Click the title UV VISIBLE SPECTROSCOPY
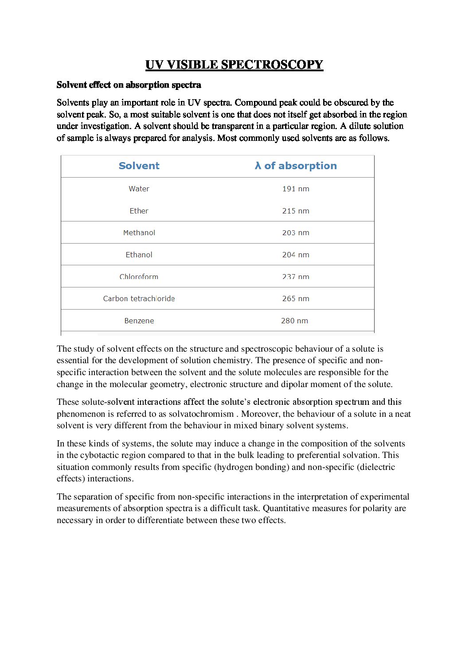tap(234, 65)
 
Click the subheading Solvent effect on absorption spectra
tap(129, 85)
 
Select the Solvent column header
tap(139, 166)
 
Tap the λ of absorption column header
tap(296, 166)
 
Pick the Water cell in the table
tap(139, 189)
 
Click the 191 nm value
tap(296, 189)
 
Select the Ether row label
tap(139, 211)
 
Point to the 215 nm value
tap(296, 211)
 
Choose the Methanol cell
tap(139, 233)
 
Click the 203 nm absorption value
tap(296, 233)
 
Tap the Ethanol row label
tap(139, 255)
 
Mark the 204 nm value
tap(296, 255)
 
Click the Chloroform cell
tap(139, 277)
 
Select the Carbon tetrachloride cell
tap(139, 299)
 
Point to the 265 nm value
tap(296, 299)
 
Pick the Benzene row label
tap(139, 321)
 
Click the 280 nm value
tap(294, 321)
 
